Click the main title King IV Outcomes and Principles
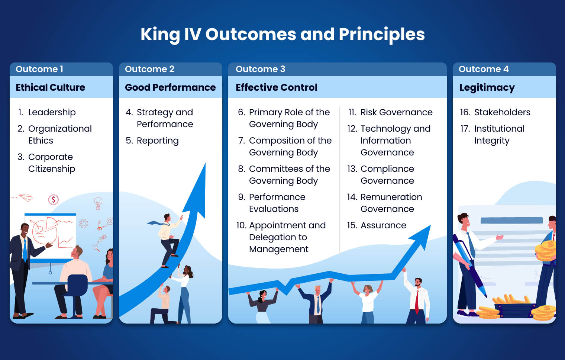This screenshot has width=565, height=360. [282, 34]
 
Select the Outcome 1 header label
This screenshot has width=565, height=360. [39, 69]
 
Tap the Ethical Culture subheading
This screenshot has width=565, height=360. [50, 87]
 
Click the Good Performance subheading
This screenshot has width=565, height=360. [170, 87]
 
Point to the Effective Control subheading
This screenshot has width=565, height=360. [276, 87]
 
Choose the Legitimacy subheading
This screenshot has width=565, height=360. [487, 88]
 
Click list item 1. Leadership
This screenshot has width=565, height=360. [47, 112]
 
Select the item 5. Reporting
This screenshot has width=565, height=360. [152, 141]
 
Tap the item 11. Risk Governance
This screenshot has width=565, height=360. [390, 112]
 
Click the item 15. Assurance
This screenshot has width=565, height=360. [377, 225]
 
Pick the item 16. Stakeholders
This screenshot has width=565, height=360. [495, 112]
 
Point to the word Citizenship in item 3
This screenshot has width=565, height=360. [52, 169]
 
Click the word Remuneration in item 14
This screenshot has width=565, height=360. [391, 197]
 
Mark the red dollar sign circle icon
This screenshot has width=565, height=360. [54, 200]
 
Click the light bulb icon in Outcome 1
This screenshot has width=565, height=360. [98, 203]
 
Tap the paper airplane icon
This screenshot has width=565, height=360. [26, 197]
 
